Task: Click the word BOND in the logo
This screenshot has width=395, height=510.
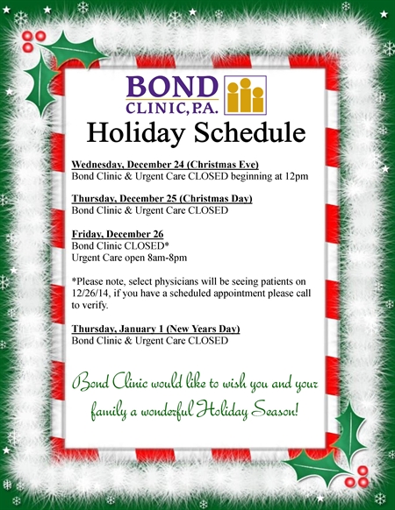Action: click(172, 87)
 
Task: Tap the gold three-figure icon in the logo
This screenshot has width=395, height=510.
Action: click(246, 95)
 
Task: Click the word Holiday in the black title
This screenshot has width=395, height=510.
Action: click(136, 133)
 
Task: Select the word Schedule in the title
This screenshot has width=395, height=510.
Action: click(250, 132)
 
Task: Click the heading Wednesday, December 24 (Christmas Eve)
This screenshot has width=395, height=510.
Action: click(165, 164)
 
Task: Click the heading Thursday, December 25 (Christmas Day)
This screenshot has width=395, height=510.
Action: click(162, 198)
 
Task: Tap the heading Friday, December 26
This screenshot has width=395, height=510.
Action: click(118, 234)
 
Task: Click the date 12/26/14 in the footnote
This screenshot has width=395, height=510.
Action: click(91, 294)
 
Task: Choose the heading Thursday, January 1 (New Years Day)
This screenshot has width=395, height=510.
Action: click(155, 329)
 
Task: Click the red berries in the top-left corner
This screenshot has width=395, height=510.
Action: click(33, 41)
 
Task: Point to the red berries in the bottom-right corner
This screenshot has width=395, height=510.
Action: click(357, 477)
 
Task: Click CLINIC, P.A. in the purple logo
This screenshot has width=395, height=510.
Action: click(172, 108)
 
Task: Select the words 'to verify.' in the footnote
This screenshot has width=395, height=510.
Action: click(90, 306)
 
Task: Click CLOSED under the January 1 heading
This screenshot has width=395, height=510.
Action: click(208, 341)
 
